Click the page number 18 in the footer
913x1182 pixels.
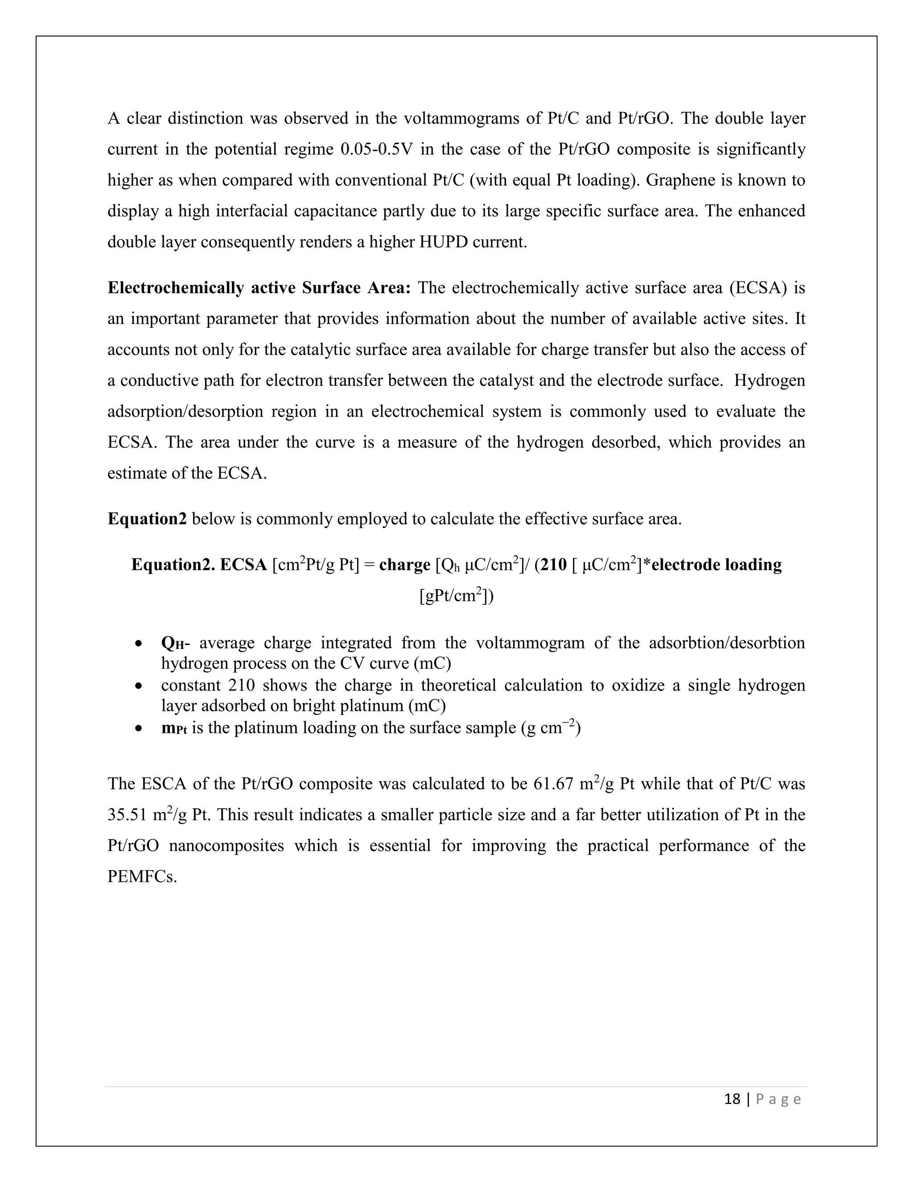coord(732,1099)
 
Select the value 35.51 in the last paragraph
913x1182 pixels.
coord(127,815)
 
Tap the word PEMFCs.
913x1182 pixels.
coord(142,877)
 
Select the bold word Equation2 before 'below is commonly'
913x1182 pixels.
coord(147,519)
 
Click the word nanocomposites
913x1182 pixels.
coord(226,846)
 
